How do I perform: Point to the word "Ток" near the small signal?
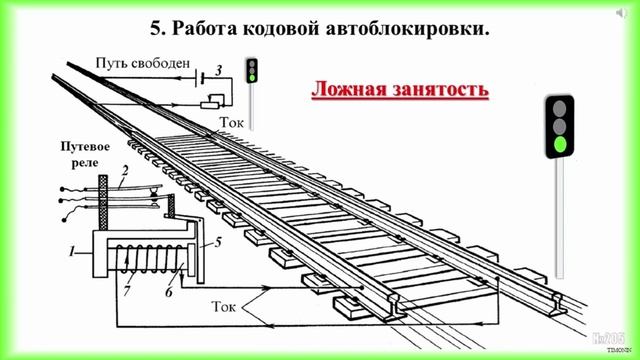coord(230,122)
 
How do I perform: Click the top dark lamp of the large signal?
coord(561,105)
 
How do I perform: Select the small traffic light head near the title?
coord(253,71)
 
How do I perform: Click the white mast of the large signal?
coord(561,220)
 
